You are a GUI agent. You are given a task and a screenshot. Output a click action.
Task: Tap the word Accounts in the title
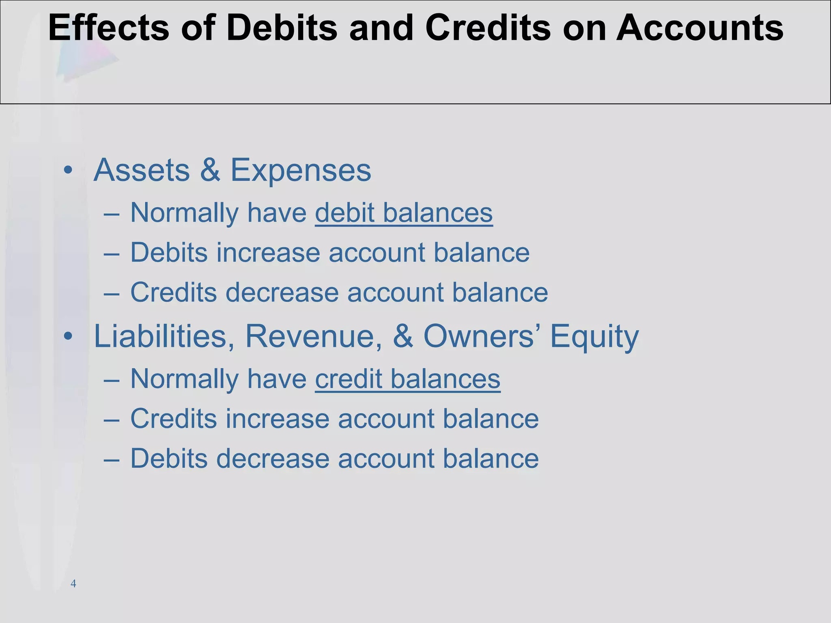pos(700,28)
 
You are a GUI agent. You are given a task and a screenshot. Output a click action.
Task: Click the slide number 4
pos(73,584)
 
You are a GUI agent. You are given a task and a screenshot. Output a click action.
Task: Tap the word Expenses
pos(301,170)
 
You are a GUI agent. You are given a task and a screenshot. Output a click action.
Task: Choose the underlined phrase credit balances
pos(407,379)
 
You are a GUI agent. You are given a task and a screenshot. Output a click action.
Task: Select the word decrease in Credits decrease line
pos(282,292)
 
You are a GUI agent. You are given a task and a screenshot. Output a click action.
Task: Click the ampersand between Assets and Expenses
pos(210,170)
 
